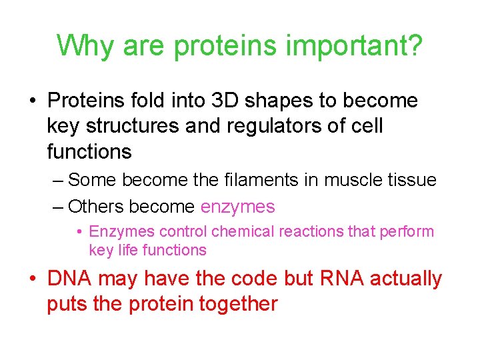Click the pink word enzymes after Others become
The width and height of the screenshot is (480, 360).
tap(237, 207)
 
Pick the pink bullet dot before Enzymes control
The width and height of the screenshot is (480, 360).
tap(79, 232)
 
